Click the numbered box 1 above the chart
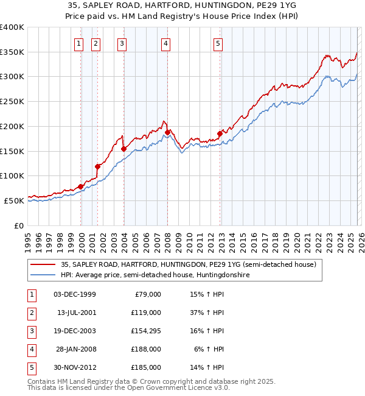point(79,43)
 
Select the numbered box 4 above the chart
point(165,43)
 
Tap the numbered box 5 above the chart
point(218,43)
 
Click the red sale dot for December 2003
point(123,149)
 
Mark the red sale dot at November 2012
point(220,134)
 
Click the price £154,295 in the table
point(146,331)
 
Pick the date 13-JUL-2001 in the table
point(75,313)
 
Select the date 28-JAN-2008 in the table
point(75,349)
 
